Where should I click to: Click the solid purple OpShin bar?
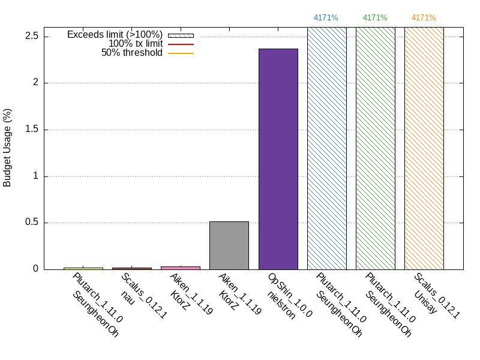(278, 159)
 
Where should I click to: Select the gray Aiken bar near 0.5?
(229, 245)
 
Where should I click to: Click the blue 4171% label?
(326, 17)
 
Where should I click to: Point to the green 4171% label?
(375, 17)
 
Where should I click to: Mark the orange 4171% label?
(424, 17)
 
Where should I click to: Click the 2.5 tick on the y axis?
(32, 37)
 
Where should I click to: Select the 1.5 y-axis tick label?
(32, 130)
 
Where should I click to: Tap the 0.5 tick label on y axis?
(32, 223)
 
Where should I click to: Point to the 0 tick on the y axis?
(37, 269)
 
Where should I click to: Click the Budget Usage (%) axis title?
(8, 148)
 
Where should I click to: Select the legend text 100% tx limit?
(135, 44)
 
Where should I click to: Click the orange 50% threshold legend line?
(181, 53)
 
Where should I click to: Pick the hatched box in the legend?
(181, 35)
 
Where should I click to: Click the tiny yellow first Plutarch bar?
(83, 268)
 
